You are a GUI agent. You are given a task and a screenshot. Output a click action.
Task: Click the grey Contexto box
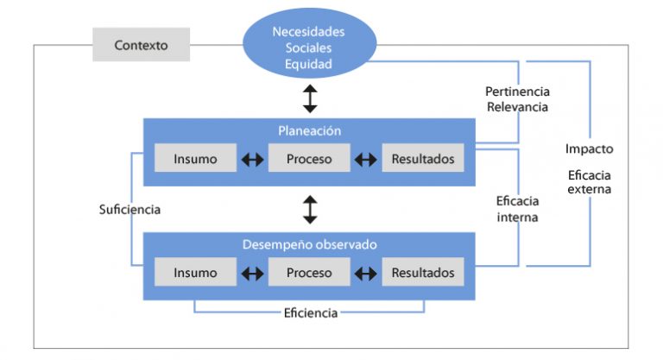click(142, 44)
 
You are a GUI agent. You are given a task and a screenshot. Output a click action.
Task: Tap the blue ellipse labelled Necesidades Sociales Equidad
click(310, 43)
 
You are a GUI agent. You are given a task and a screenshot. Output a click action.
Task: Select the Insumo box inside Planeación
click(195, 158)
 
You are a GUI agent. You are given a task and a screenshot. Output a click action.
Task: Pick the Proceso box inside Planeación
click(309, 158)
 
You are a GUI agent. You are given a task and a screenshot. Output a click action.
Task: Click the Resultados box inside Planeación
click(423, 158)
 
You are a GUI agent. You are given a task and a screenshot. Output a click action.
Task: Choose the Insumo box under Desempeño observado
click(195, 272)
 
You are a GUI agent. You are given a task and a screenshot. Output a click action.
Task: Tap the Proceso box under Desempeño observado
click(309, 272)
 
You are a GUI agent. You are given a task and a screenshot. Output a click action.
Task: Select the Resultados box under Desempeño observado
click(423, 272)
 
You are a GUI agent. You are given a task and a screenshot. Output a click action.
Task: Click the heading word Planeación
click(310, 130)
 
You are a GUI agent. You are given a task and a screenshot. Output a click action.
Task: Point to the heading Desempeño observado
click(310, 244)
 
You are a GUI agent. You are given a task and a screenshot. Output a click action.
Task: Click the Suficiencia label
click(129, 210)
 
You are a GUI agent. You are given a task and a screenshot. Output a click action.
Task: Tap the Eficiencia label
click(311, 313)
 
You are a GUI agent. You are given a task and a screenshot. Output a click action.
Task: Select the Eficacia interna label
click(518, 209)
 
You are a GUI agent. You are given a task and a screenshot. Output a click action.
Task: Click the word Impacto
click(590, 148)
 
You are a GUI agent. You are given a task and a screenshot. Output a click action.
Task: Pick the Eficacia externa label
click(590, 182)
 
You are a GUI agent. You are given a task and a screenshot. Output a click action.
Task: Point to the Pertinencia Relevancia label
click(518, 99)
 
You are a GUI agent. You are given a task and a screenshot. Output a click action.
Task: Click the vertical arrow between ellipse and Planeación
click(310, 98)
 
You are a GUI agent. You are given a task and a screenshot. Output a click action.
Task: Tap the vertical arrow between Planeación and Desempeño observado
click(310, 210)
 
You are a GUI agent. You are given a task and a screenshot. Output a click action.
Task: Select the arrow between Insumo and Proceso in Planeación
click(252, 160)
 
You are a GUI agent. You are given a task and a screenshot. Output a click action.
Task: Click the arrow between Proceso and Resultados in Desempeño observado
click(366, 274)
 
